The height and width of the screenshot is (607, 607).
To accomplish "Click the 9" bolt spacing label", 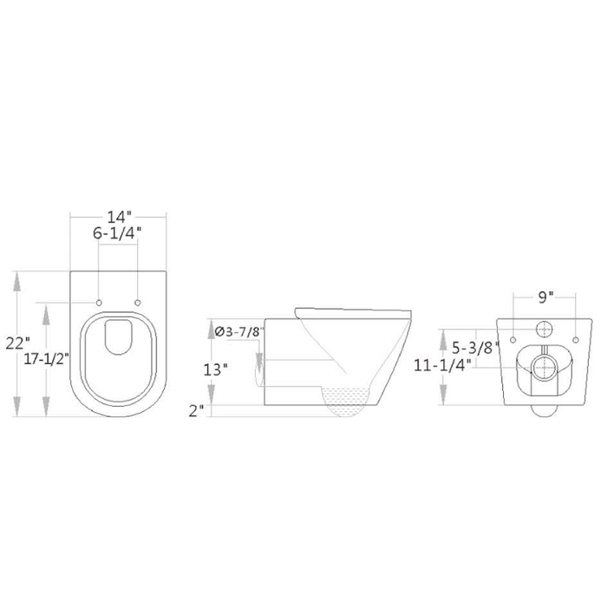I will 544,297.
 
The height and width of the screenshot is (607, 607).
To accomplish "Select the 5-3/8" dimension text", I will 474,350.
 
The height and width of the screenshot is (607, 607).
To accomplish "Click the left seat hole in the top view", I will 100,302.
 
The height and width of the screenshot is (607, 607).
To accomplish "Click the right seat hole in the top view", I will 139,302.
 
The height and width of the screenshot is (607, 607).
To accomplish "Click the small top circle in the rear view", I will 544,330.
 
